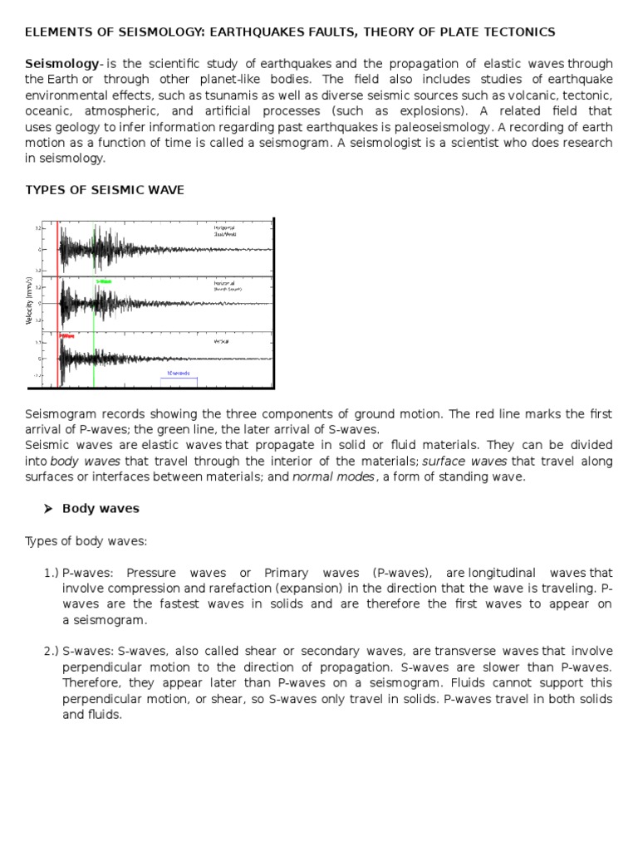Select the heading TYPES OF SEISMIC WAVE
point(105,190)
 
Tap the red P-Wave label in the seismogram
point(66,336)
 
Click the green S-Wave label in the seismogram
point(104,281)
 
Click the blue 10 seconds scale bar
point(179,374)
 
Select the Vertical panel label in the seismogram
point(221,341)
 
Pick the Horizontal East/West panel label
point(224,231)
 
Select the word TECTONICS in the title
point(518,32)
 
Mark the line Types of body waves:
point(86,541)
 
